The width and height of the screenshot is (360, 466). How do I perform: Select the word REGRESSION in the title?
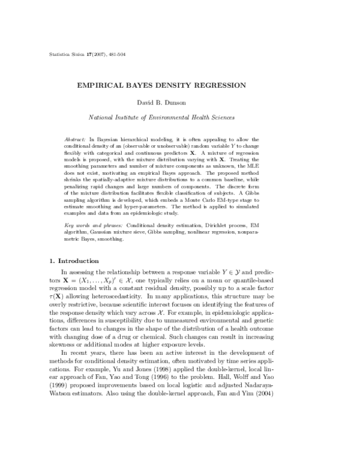[229, 86]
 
